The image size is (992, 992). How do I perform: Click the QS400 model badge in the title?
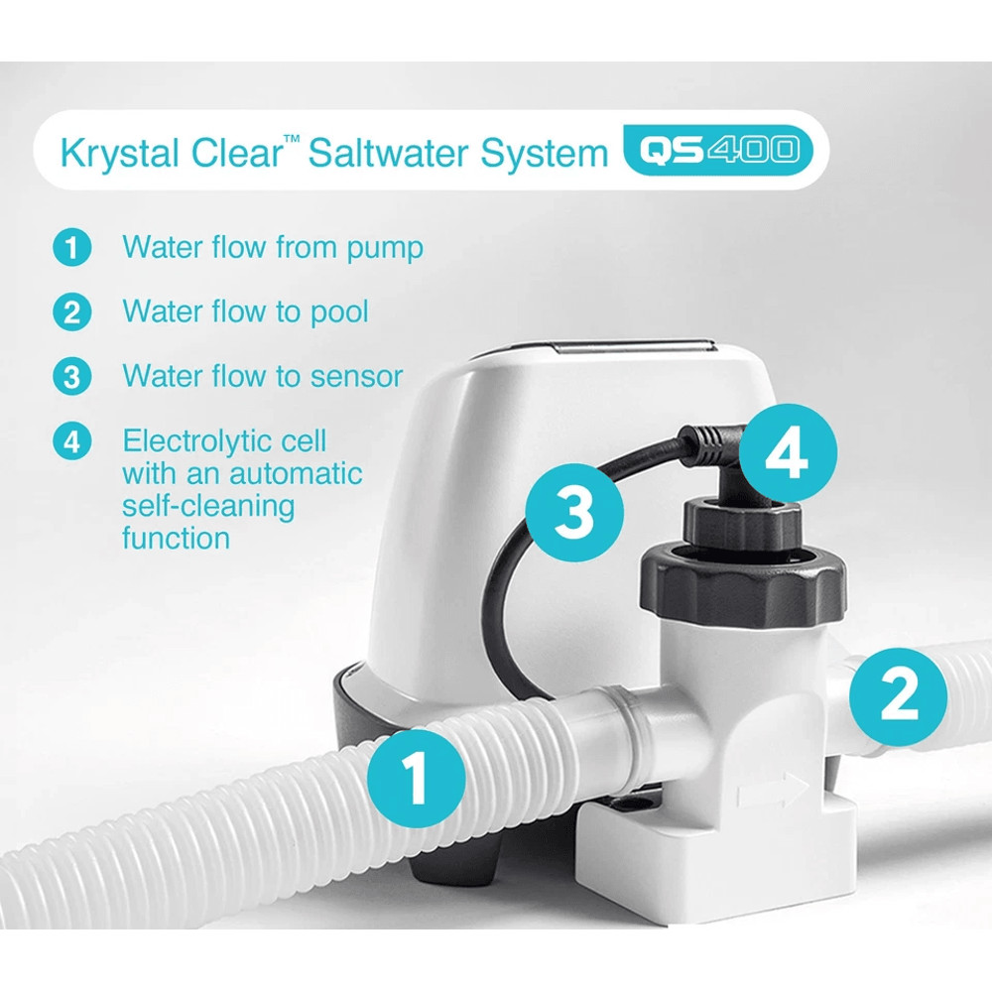(x=710, y=151)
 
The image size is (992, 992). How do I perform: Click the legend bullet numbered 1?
(x=71, y=247)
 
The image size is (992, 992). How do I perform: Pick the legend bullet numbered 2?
(x=71, y=311)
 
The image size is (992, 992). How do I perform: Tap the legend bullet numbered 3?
(x=71, y=377)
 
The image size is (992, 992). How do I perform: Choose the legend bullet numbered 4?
(x=71, y=441)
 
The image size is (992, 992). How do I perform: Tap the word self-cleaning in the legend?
(x=208, y=506)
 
